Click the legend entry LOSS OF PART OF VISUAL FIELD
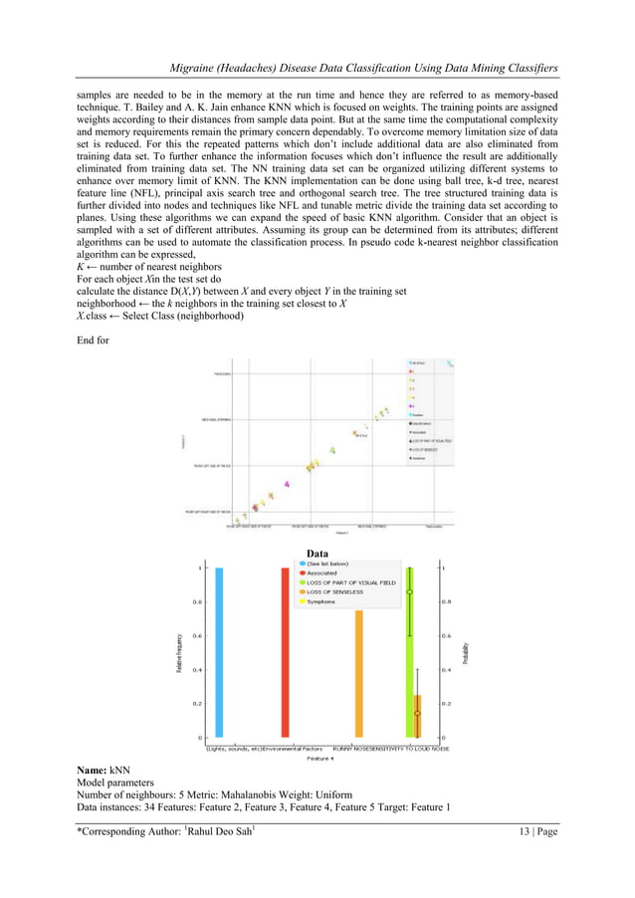[356, 583]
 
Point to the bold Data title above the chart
[317, 553]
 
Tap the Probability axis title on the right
[464, 652]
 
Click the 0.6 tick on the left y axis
[198, 635]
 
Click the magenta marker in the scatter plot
[287, 484]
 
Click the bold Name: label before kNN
[92, 772]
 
